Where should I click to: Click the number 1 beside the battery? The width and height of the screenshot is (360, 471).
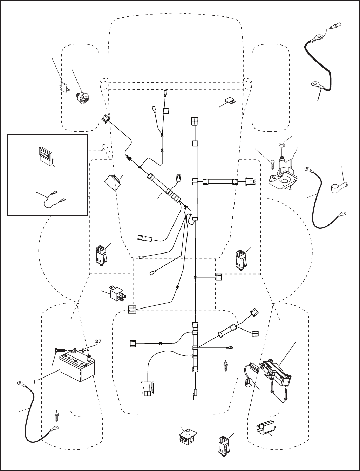tap(34, 382)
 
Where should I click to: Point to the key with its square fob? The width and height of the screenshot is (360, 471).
tap(64, 86)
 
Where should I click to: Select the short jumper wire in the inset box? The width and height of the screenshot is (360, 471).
tap(54, 200)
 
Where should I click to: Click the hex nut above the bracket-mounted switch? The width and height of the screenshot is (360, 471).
tap(281, 145)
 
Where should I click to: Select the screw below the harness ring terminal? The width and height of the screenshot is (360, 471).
tap(225, 366)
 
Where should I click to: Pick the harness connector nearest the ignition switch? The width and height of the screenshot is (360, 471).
tap(106, 119)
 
